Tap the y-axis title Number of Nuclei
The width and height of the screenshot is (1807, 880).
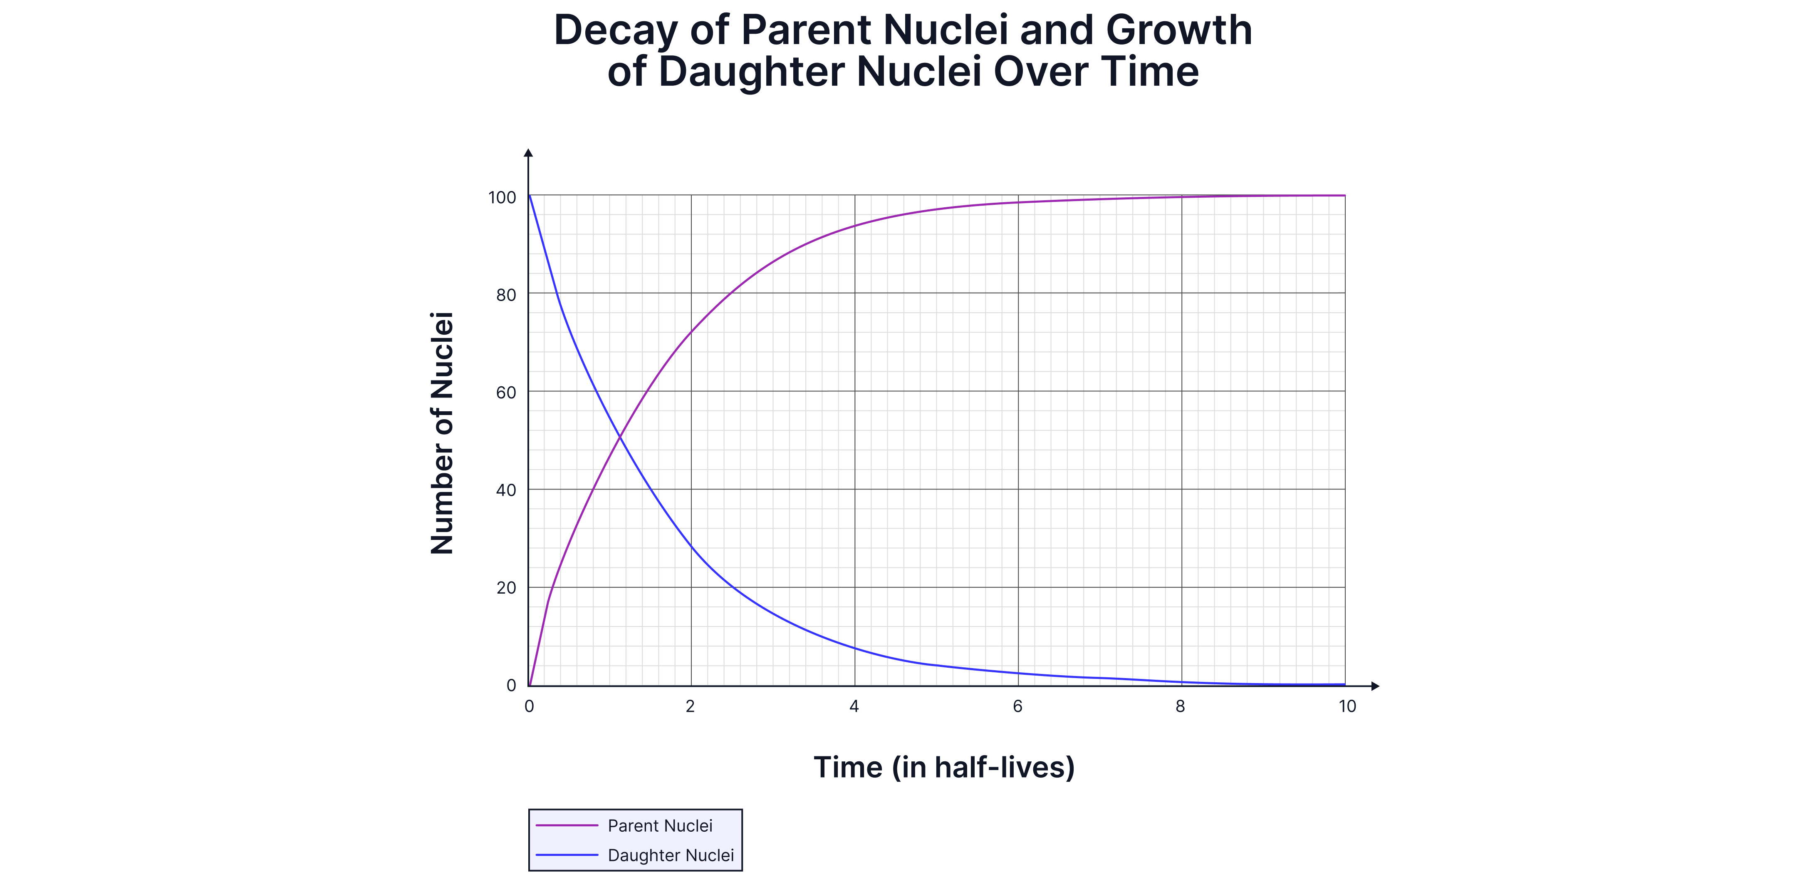pos(442,433)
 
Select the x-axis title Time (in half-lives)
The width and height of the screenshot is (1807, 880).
pos(943,767)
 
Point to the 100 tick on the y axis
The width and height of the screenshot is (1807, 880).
pos(502,198)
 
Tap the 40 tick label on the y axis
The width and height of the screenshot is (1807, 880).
pos(506,490)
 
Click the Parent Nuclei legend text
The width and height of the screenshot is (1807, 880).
pos(659,826)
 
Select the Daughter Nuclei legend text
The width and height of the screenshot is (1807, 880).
pos(670,855)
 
